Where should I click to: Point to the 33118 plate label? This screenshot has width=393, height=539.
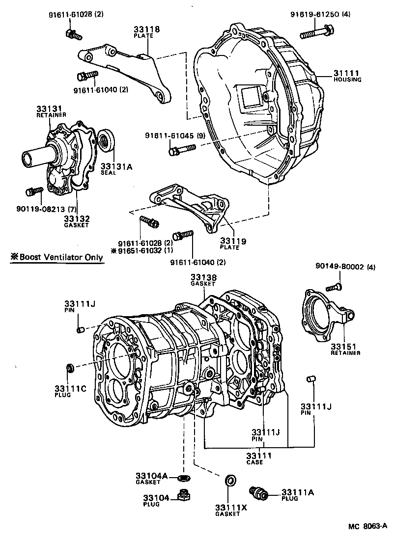146,29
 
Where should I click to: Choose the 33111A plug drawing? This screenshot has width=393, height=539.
259,492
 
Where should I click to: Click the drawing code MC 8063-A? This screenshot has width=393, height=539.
367,527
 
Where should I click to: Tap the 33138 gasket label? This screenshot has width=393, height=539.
203,277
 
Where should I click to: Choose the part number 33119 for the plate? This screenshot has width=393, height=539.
233,241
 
